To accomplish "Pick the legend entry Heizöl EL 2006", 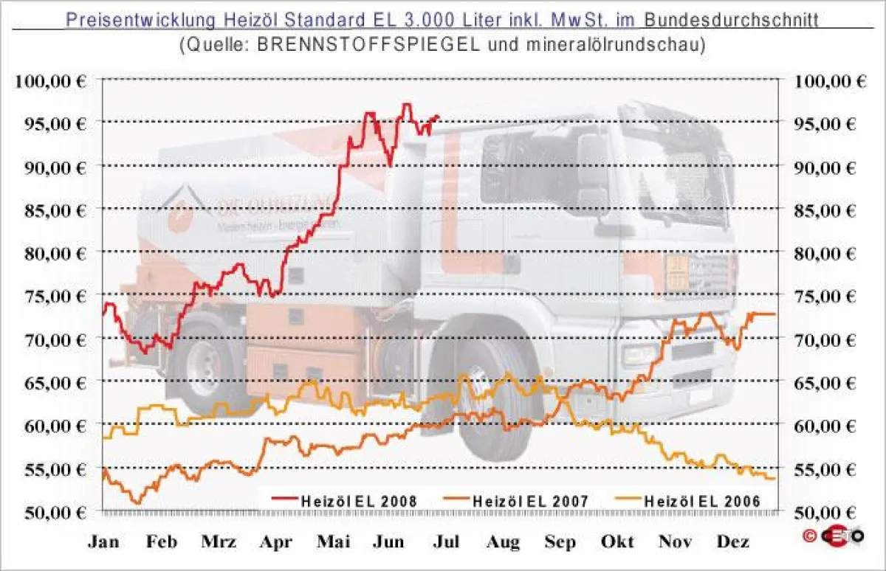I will tap(701, 501).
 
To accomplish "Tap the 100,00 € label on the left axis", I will tap(50, 81).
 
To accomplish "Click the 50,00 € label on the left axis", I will tap(50, 511).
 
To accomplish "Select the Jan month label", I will tap(103, 541).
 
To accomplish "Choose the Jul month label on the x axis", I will tap(446, 541).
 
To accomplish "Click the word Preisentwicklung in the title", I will tap(126, 19).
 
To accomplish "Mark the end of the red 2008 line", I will tap(439, 117).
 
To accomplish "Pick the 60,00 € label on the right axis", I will tap(830, 426).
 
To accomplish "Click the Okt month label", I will tap(617, 541).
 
